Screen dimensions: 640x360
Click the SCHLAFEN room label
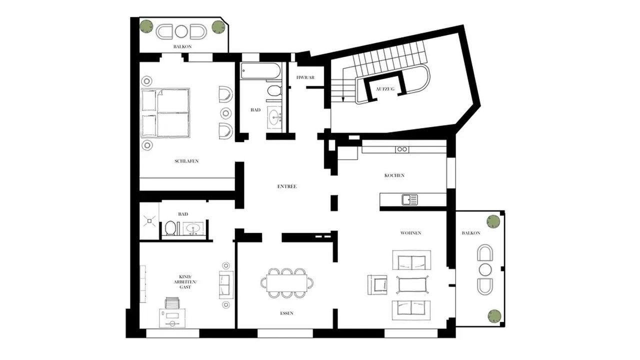coord(186,161)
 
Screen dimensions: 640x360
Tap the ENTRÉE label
coord(287,186)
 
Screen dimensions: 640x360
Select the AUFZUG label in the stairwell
coord(385,89)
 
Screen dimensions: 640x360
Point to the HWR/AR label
coord(305,77)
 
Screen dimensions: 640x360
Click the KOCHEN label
coord(394,175)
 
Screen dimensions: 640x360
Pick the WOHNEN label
coord(411,233)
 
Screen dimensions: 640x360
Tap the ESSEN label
coord(286,313)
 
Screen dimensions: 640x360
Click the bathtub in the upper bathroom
coord(260,70)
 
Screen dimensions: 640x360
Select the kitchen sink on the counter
coord(409,199)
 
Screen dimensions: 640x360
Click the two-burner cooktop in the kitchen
coord(402,149)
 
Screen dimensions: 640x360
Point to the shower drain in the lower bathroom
coord(149,221)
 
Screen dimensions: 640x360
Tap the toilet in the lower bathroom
coord(170,228)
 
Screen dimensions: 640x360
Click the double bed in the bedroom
coord(165,113)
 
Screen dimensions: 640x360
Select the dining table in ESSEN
coord(287,283)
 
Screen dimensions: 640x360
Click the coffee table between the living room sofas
coord(412,284)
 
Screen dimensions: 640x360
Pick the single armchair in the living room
coord(377,284)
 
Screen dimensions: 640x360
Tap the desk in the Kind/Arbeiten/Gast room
coord(172,317)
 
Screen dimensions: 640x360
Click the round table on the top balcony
coord(181,31)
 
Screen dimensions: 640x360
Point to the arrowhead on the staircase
coord(343,99)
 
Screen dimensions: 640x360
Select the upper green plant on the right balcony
coord(493,221)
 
